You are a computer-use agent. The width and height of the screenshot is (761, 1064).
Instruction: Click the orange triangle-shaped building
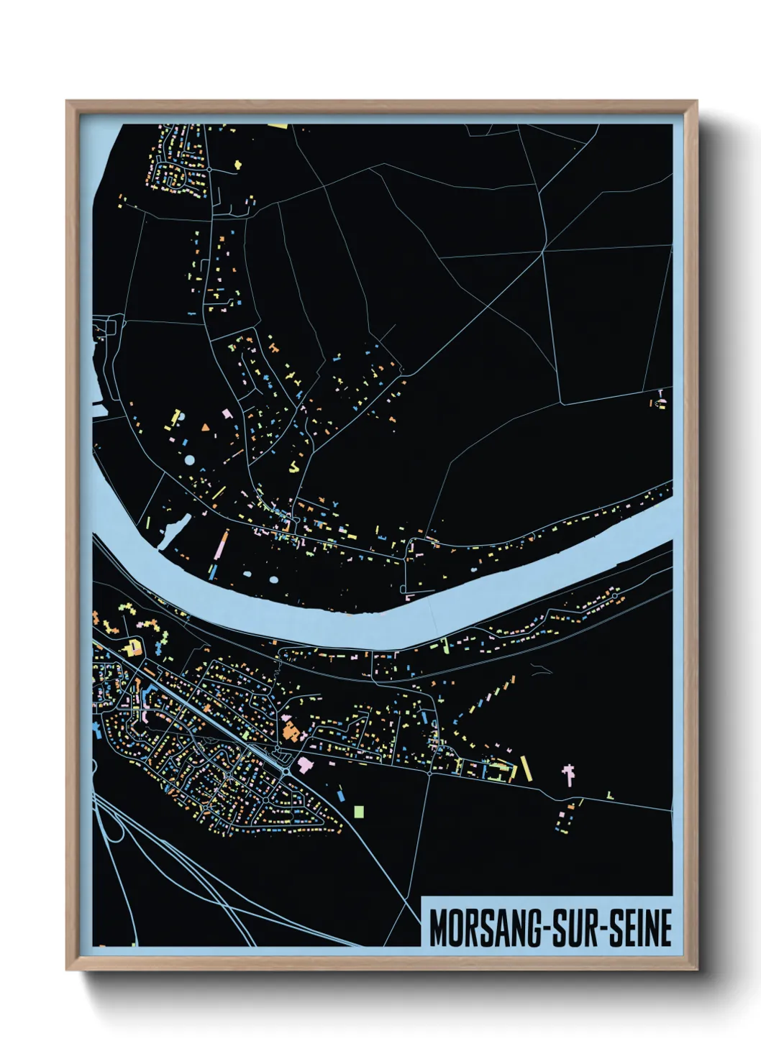click(x=206, y=428)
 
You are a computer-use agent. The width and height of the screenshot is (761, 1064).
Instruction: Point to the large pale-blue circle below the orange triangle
click(x=189, y=459)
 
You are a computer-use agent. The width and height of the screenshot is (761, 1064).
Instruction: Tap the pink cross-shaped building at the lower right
click(x=569, y=774)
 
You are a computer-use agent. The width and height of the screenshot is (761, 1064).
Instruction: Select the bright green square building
click(x=359, y=812)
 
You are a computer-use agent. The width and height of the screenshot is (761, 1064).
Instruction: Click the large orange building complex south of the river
click(x=291, y=733)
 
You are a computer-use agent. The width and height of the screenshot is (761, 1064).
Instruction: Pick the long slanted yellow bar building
click(x=526, y=768)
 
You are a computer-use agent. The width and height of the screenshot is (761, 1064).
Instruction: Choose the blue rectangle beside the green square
click(x=340, y=795)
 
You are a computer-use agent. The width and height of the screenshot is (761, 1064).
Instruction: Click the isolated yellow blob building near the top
click(x=237, y=165)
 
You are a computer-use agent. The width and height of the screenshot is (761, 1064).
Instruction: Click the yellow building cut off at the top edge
click(x=278, y=126)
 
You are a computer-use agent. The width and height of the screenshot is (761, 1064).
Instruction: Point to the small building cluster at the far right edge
click(x=660, y=401)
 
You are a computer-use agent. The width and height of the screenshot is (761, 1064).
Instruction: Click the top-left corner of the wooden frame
click(x=68, y=102)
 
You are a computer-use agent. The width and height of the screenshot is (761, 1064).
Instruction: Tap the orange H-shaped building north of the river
click(x=274, y=347)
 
